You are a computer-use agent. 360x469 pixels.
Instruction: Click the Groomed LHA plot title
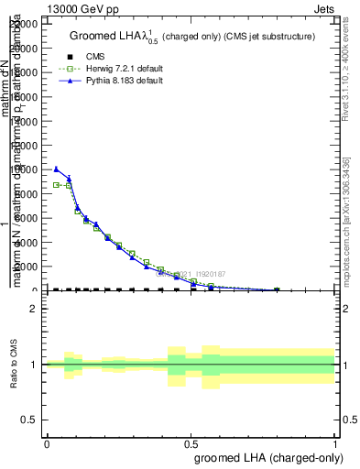tap(192, 36)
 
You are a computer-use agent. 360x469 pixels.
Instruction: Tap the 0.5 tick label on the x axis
tap(191, 444)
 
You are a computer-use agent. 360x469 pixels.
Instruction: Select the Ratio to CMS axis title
tap(13, 364)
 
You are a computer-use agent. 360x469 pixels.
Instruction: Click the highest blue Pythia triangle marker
tap(56, 169)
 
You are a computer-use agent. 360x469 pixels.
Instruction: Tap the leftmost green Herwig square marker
tap(56, 185)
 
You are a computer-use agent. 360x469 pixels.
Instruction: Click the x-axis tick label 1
tap(335, 444)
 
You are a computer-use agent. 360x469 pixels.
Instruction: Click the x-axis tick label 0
tap(47, 444)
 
